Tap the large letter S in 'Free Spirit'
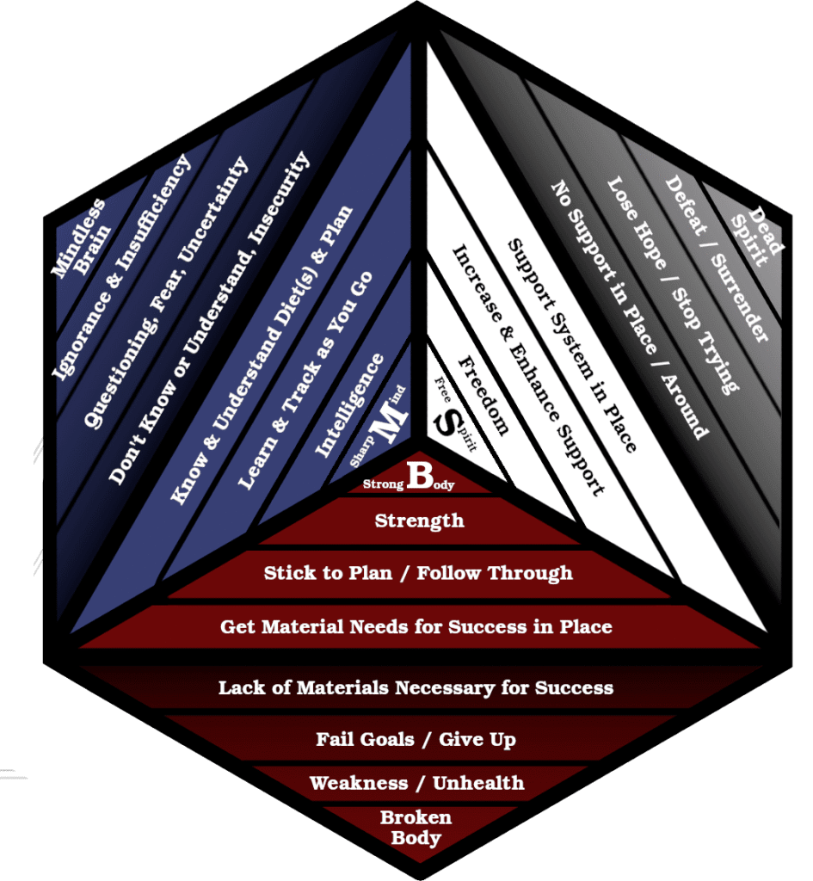[447, 424]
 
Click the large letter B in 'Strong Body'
[418, 476]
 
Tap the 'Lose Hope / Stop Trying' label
[672, 285]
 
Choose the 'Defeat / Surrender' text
[716, 259]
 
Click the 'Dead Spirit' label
[758, 237]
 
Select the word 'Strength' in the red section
[419, 521]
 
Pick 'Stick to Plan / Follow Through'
[418, 572]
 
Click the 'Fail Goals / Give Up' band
[416, 739]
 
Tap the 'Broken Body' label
[416, 828]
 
